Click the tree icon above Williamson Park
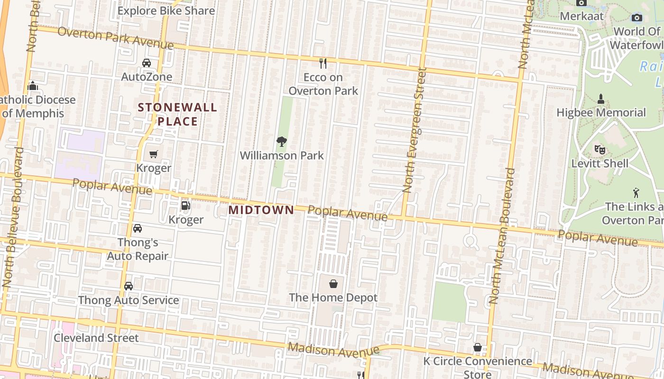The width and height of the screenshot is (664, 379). coord(282,141)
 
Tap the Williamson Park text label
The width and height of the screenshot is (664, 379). coord(282,155)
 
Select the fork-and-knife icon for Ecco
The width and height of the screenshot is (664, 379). coord(323,63)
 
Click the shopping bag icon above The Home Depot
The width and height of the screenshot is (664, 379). coord(333,284)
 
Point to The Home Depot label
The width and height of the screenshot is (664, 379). coord(333,298)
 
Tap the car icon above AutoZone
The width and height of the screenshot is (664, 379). coord(147,63)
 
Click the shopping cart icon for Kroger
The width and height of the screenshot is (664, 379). coord(153,154)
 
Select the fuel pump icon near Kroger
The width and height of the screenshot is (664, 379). coord(186,206)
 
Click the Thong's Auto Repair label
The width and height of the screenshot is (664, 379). coord(138,249)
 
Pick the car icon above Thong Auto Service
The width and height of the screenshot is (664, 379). coord(129,286)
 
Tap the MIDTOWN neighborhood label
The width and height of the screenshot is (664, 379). coord(261,209)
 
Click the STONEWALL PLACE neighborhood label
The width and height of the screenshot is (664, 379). coord(177,114)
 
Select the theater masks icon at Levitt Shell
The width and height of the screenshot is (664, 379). coord(600,150)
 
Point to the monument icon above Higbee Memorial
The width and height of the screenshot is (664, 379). coord(601,99)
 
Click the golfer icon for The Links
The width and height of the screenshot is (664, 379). coord(636,193)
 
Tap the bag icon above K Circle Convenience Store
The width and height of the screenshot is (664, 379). coord(478,347)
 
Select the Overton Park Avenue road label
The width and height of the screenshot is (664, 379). coord(115,38)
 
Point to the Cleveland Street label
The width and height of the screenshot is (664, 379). coord(96,338)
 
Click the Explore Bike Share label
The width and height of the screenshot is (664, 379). coord(166,10)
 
